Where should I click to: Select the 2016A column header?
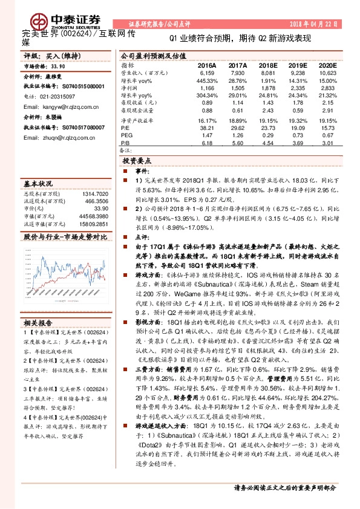207,64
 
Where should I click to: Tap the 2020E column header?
327,64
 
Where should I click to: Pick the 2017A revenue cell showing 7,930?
237,72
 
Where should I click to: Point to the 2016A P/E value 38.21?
207,128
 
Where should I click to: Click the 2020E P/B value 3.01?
327,144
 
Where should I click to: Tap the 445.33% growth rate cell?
207,80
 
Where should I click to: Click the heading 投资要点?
137,161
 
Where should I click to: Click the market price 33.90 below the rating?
59,67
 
